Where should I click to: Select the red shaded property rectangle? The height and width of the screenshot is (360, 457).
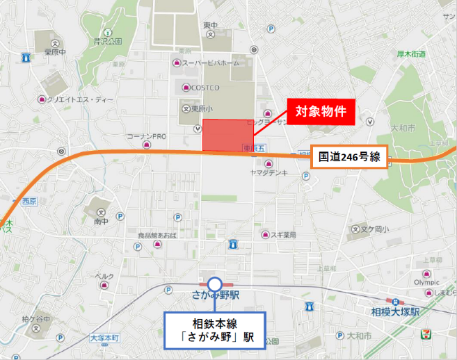(x=227, y=135)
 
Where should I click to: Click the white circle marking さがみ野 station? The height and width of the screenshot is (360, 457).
(x=215, y=284)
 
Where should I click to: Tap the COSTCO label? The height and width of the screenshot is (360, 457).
(x=205, y=88)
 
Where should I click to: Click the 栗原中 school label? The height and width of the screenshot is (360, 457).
(x=55, y=51)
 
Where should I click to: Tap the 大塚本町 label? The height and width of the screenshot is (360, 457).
(x=104, y=338)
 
